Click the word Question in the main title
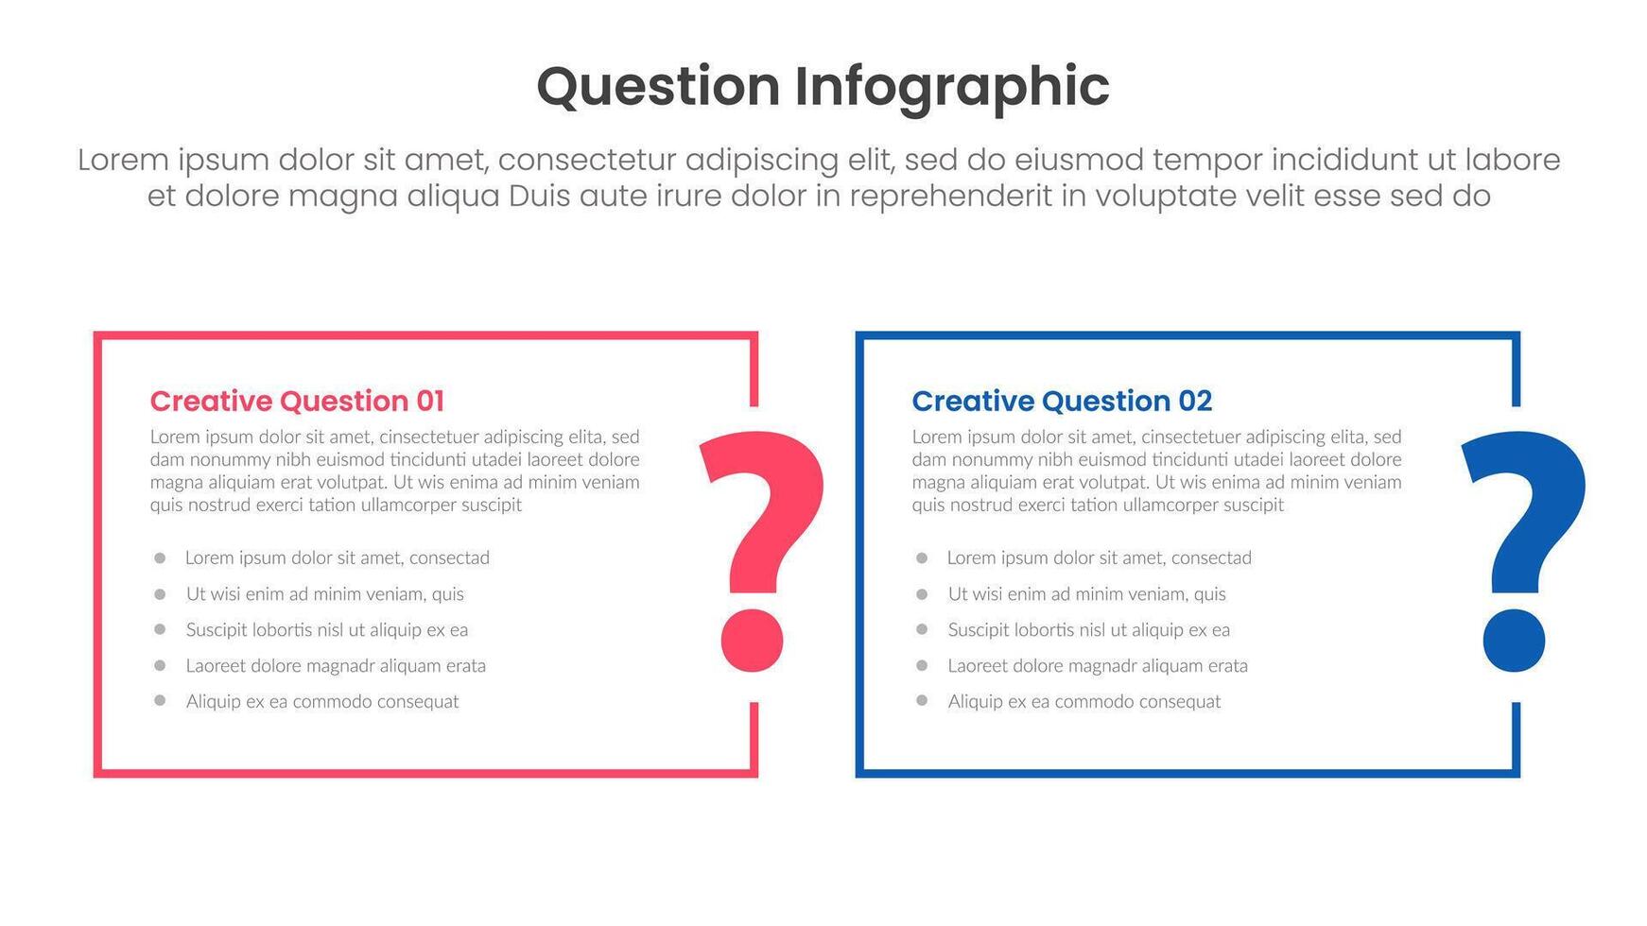click(x=658, y=87)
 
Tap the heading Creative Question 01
click(x=297, y=401)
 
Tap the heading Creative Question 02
click(x=1062, y=401)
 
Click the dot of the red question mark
click(x=753, y=641)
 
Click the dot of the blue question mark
click(x=1514, y=641)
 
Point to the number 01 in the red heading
click(x=430, y=401)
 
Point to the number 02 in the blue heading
click(x=1195, y=401)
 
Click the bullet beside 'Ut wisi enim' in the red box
click(x=160, y=594)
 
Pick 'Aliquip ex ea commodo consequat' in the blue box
click(x=1084, y=701)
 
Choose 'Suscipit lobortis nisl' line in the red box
click(x=327, y=629)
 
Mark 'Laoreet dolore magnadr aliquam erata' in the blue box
click(x=1098, y=665)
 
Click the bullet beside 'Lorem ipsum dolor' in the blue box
click(x=922, y=558)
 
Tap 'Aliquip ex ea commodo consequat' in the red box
click(x=322, y=701)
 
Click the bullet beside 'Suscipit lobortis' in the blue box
click(x=922, y=629)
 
